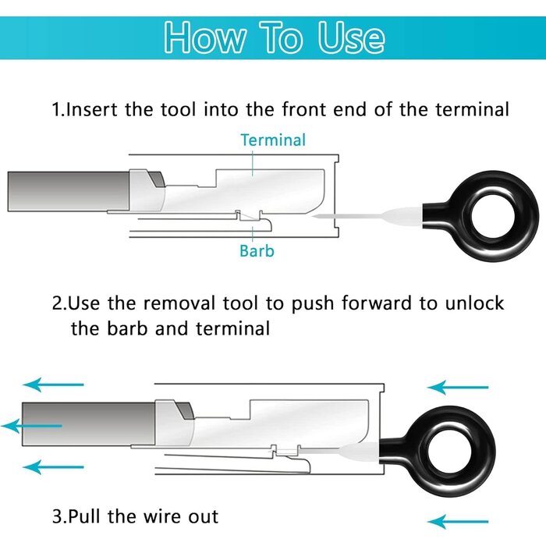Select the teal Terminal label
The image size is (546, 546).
[x=273, y=140]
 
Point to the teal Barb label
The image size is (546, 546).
[x=257, y=251]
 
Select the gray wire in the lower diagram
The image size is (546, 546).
[x=86, y=425]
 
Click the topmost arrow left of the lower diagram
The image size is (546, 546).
[x=53, y=384]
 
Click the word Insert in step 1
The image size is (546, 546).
[x=93, y=109]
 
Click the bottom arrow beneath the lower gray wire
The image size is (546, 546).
[x=53, y=467]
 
